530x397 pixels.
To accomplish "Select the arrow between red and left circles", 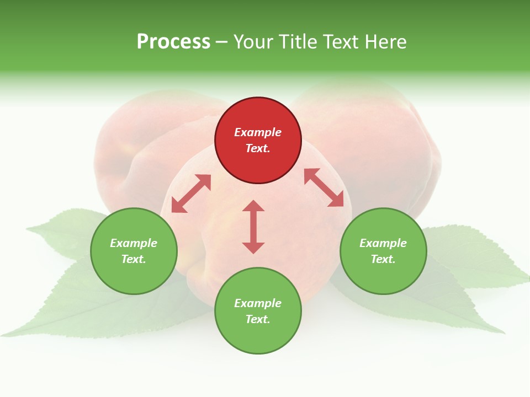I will [x=191, y=194].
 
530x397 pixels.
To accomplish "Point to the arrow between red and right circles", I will [x=324, y=187].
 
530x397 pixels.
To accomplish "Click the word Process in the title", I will [x=173, y=42].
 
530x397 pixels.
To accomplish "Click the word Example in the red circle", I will [x=258, y=132].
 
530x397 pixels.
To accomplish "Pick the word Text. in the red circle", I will [x=258, y=148].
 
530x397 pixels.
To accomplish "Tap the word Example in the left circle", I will [x=134, y=243].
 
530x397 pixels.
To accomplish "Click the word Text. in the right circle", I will [x=383, y=259].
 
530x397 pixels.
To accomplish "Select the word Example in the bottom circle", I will [x=258, y=303].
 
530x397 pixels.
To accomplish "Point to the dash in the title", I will [x=222, y=42].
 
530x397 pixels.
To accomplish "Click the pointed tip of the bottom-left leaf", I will [x=3, y=335].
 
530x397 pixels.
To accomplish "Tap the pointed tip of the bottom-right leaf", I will [x=504, y=333].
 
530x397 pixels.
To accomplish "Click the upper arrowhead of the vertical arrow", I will [x=253, y=205].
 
